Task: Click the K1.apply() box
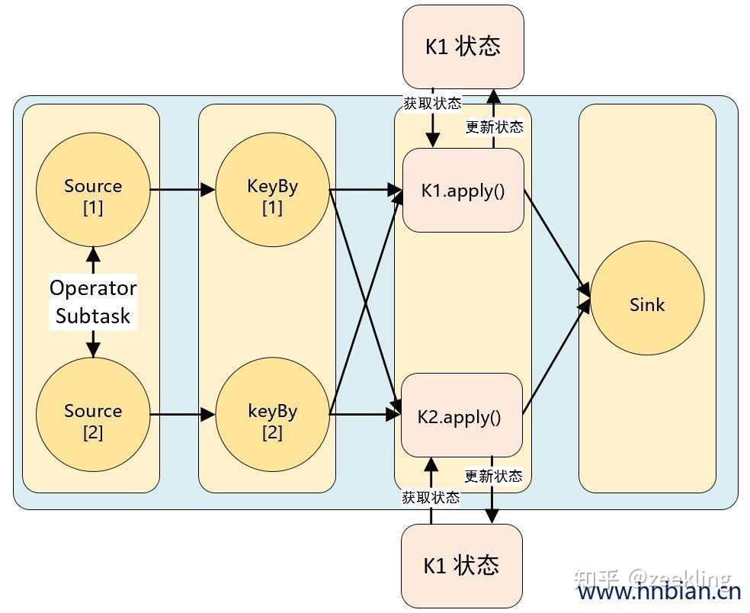click(463, 190)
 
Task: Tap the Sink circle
click(646, 304)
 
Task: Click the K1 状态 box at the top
click(463, 46)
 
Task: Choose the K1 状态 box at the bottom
click(461, 565)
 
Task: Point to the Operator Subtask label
click(92, 302)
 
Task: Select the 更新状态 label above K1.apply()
click(495, 127)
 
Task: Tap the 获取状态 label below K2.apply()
click(431, 497)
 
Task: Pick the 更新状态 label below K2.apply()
click(493, 476)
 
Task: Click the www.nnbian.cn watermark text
click(659, 592)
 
